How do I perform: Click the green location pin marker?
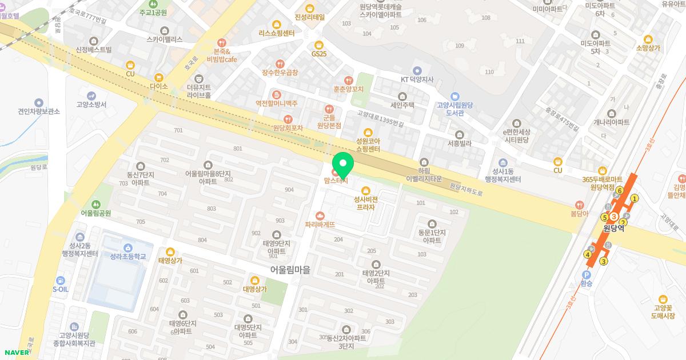coord(343,164)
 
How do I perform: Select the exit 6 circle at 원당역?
coord(620,190)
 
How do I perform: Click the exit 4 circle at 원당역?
coord(588,254)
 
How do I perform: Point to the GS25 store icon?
coord(319,45)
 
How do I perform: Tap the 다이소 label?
coord(158,86)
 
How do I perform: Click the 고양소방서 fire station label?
coord(91,105)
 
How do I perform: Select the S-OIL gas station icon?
coord(60,280)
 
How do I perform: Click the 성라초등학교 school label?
coord(128,257)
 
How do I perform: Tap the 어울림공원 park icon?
coord(95,204)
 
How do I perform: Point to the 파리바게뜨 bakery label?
coord(320,225)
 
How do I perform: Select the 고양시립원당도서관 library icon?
coord(454,97)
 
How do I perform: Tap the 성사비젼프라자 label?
coord(366,203)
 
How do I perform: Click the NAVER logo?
coord(17,352)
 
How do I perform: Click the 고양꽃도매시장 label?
coord(664,311)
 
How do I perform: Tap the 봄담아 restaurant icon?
coord(579,205)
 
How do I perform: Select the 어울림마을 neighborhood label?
coord(290,269)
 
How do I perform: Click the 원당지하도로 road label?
coord(466,190)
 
